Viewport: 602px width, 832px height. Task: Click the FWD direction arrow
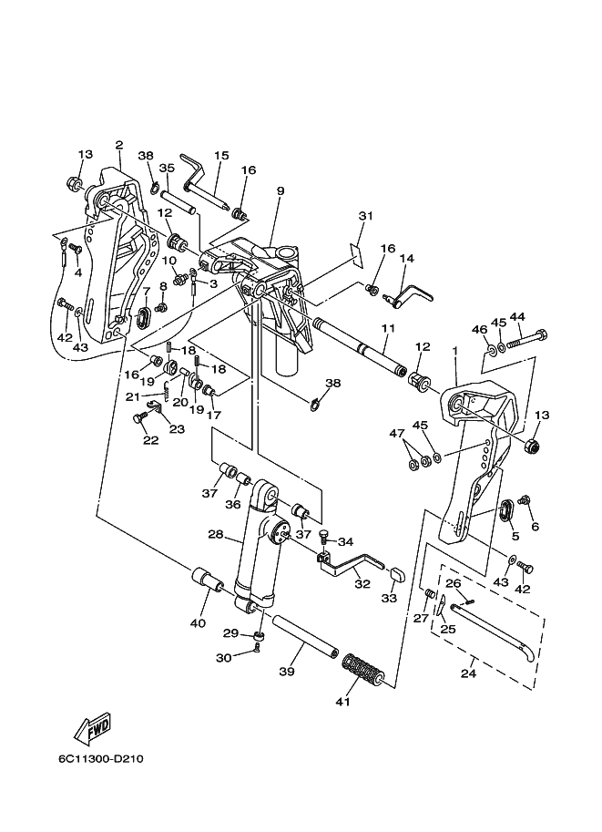pyautogui.click(x=92, y=728)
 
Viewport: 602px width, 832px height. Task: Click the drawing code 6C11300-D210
pyautogui.click(x=101, y=759)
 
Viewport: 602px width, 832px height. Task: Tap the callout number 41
pyautogui.click(x=342, y=702)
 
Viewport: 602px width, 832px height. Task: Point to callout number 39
pyautogui.click(x=286, y=672)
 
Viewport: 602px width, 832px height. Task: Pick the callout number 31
pyautogui.click(x=366, y=216)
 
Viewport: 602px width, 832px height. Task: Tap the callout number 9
pyautogui.click(x=280, y=190)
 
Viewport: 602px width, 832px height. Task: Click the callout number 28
pyautogui.click(x=215, y=534)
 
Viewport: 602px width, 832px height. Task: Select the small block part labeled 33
pyautogui.click(x=397, y=573)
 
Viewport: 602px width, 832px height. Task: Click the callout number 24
pyautogui.click(x=468, y=673)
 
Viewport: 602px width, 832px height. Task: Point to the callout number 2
pyautogui.click(x=118, y=145)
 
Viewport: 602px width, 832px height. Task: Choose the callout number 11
pyautogui.click(x=388, y=328)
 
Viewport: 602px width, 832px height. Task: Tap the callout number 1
pyautogui.click(x=454, y=365)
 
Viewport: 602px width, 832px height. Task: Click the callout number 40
pyautogui.click(x=198, y=623)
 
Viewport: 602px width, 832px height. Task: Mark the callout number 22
pyautogui.click(x=150, y=440)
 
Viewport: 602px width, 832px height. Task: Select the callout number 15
pyautogui.click(x=221, y=156)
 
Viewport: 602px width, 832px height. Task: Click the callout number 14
pyautogui.click(x=407, y=259)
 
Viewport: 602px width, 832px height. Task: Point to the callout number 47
pyautogui.click(x=397, y=434)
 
